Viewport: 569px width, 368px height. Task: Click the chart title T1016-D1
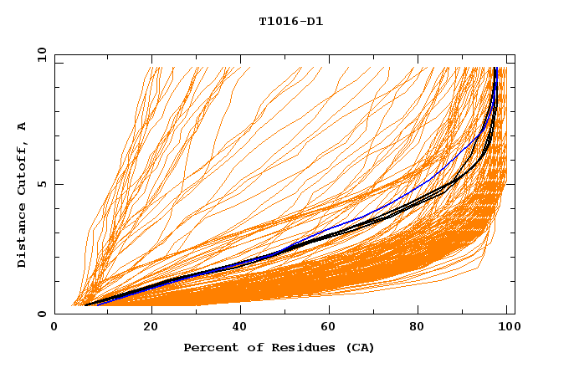290,22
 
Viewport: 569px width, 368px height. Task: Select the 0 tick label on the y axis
42,314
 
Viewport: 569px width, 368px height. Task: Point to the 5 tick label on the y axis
42,185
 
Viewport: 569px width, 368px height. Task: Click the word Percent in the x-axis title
208,348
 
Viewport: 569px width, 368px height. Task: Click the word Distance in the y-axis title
23,236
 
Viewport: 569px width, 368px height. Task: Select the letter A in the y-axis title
23,126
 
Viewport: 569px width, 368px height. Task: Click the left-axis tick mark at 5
58,185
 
